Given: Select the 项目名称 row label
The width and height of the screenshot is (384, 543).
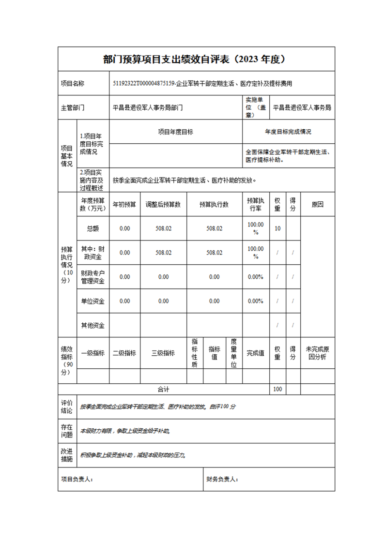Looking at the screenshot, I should [x=73, y=84].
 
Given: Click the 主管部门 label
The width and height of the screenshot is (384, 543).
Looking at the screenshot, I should [x=73, y=108].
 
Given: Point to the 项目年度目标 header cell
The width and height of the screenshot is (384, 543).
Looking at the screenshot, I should [x=176, y=132].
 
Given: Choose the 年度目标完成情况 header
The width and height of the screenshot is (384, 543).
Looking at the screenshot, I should [x=288, y=132].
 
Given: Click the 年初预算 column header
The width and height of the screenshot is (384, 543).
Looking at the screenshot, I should [x=124, y=204].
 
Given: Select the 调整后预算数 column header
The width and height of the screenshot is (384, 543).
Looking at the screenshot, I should [x=163, y=204].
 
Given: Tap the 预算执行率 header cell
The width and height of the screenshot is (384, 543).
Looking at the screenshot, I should [x=256, y=204].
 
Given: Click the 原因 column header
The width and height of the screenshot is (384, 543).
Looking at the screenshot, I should [x=317, y=204].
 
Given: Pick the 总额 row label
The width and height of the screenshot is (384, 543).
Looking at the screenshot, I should [x=93, y=228].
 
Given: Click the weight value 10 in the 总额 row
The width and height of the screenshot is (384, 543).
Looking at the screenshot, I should [x=277, y=228].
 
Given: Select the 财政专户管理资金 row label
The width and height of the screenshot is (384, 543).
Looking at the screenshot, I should [x=93, y=277].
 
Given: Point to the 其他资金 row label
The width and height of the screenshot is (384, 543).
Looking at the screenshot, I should [x=93, y=325].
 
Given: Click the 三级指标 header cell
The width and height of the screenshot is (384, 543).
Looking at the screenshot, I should [x=163, y=353].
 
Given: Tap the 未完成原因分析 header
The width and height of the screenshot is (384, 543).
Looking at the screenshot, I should [x=317, y=353].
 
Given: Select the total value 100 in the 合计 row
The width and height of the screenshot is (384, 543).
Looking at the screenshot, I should [x=277, y=389].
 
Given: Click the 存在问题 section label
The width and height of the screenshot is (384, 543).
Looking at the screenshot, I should [x=67, y=431].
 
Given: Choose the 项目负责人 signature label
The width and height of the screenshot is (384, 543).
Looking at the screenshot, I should [x=77, y=479].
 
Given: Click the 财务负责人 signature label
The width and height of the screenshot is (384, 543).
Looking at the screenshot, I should [x=222, y=479].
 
